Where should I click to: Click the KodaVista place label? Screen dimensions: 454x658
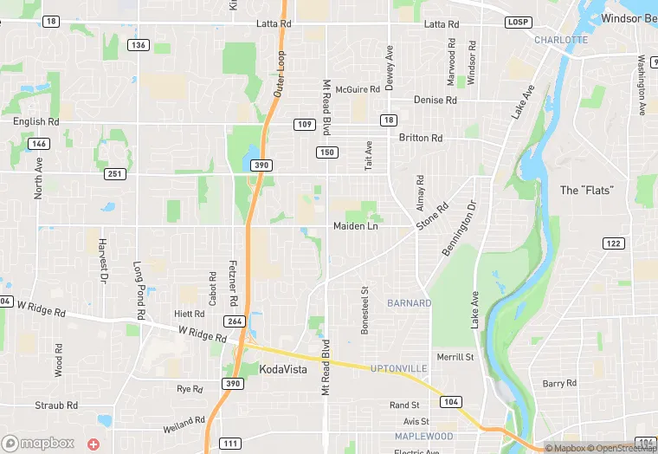click(x=283, y=370)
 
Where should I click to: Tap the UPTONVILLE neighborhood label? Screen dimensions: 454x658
click(x=399, y=369)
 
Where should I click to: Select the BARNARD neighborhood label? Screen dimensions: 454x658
click(x=410, y=303)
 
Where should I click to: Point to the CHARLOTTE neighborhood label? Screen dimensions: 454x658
click(x=561, y=40)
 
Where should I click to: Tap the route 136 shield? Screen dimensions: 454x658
click(x=137, y=44)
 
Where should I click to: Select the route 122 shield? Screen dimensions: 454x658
click(x=613, y=243)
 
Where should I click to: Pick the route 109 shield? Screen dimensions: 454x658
click(x=304, y=125)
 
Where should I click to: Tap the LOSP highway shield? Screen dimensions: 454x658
click(x=519, y=22)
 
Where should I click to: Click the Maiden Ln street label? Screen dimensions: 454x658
click(x=356, y=226)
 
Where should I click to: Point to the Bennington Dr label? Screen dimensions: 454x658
click(x=460, y=228)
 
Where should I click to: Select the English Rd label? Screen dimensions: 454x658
click(x=35, y=122)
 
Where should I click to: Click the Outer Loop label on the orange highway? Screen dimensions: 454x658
click(x=281, y=73)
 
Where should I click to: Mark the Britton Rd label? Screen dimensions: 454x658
click(x=421, y=138)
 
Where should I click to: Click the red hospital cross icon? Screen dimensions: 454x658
click(x=94, y=443)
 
